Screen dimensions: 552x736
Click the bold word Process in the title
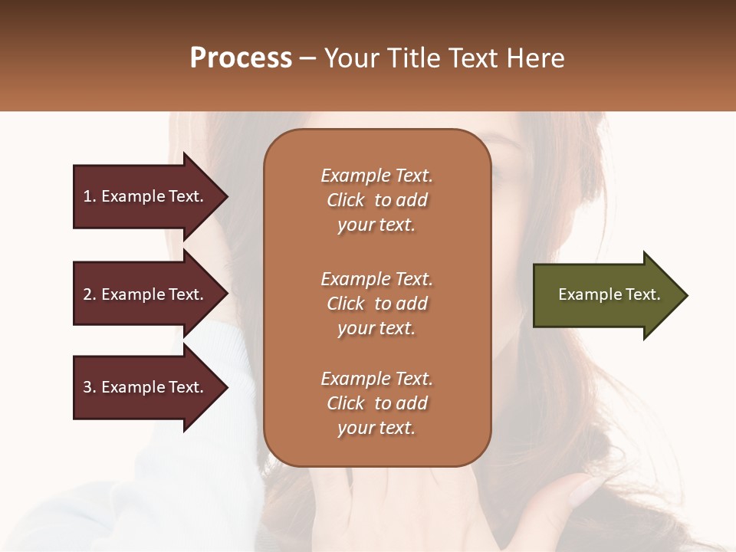tap(241, 58)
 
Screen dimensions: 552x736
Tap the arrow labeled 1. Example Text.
tap(146, 196)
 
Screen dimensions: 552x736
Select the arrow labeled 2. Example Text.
tap(146, 294)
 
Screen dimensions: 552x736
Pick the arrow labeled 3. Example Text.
tap(146, 387)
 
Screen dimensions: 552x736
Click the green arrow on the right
tap(606, 295)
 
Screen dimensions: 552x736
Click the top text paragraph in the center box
tap(376, 200)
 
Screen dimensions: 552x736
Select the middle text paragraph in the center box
tap(376, 304)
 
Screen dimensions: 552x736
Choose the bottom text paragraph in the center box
tap(376, 403)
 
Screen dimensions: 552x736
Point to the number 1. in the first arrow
tap(90, 196)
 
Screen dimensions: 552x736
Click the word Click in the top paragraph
tap(346, 200)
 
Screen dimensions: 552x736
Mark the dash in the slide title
tap(307, 58)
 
